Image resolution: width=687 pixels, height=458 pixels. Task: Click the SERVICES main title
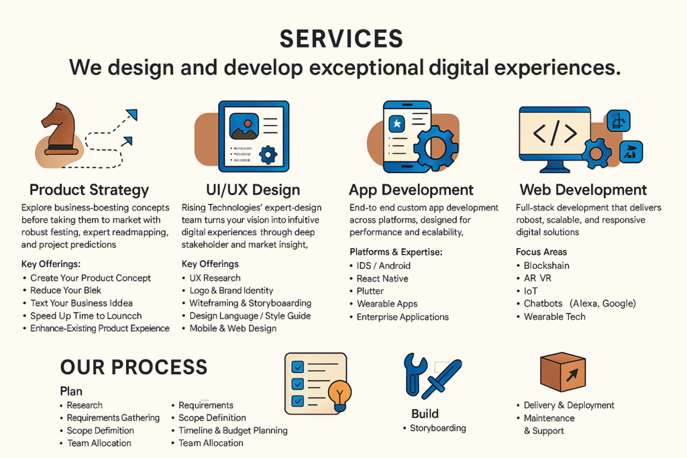pyautogui.click(x=341, y=38)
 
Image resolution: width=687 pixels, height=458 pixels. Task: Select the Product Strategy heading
pyautogui.click(x=89, y=190)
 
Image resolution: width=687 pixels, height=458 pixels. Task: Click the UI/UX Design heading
pyautogui.click(x=253, y=190)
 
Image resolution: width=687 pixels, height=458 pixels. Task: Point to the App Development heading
pyautogui.click(x=411, y=190)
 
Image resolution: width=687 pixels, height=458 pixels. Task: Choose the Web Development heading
pyautogui.click(x=583, y=190)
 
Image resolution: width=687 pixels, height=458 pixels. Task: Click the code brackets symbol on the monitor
pyautogui.click(x=555, y=133)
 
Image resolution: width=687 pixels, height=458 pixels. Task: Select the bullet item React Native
pyautogui.click(x=382, y=278)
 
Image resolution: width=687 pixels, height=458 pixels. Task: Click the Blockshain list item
pyautogui.click(x=546, y=266)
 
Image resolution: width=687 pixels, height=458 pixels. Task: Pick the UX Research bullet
pyautogui.click(x=215, y=278)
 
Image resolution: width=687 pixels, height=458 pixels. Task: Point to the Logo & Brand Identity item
pyautogui.click(x=231, y=290)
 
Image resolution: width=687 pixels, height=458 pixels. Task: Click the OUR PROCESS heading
pyautogui.click(x=134, y=367)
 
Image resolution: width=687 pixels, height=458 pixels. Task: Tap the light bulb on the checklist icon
pyautogui.click(x=340, y=396)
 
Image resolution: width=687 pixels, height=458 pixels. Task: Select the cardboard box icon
pyautogui.click(x=563, y=371)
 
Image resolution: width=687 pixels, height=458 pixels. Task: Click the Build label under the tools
pyautogui.click(x=425, y=414)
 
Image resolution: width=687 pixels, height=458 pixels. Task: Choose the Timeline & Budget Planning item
pyautogui.click(x=233, y=431)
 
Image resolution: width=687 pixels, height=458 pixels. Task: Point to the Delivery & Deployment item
pyautogui.click(x=569, y=405)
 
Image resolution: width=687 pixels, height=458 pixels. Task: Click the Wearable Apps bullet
pyautogui.click(x=387, y=304)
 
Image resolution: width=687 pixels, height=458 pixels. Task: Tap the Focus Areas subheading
pyautogui.click(x=541, y=251)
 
